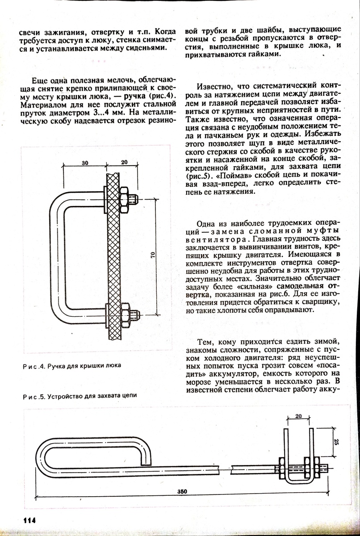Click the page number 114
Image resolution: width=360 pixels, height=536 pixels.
(x=26, y=521)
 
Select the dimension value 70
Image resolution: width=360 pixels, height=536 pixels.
(x=152, y=255)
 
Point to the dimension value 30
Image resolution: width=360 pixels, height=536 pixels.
(x=85, y=163)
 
